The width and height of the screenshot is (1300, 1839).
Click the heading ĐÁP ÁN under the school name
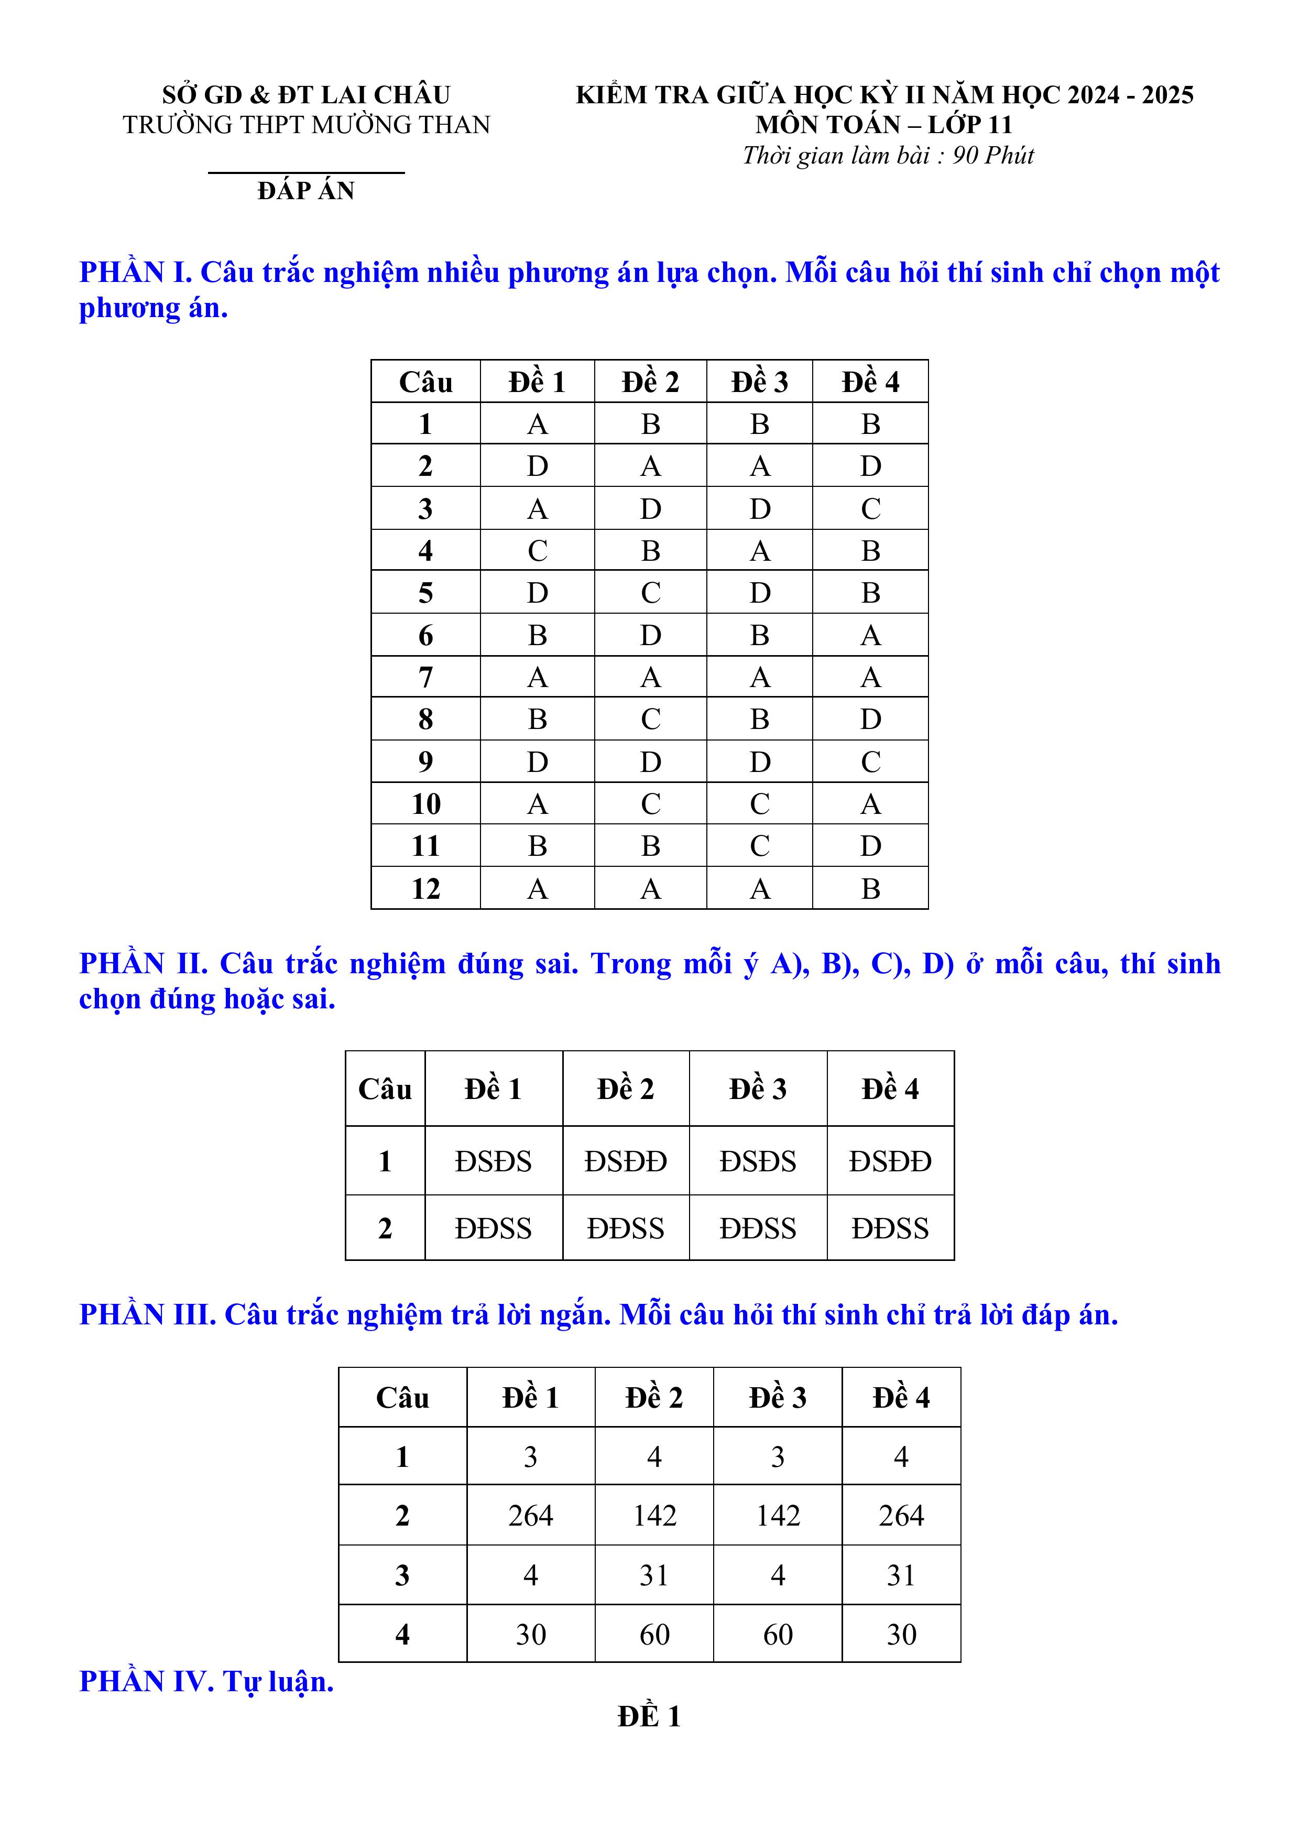[x=306, y=191]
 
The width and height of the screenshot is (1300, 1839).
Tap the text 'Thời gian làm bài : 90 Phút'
[x=888, y=155]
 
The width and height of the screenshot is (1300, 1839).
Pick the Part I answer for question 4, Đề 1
[x=538, y=551]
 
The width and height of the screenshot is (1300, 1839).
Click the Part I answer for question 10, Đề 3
[x=759, y=804]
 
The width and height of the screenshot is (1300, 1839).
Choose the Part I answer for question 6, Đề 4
[x=871, y=636]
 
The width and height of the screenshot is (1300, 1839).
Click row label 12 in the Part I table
[x=425, y=889]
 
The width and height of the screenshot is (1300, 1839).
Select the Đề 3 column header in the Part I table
[x=759, y=382]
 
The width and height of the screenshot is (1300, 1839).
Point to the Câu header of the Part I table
[x=425, y=382]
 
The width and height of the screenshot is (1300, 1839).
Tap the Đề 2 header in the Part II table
[x=626, y=1090]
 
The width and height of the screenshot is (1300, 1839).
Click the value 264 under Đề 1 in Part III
[x=530, y=1516]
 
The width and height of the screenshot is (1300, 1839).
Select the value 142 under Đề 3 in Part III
[x=778, y=1516]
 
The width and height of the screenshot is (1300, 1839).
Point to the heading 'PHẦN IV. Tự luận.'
[x=206, y=1682]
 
